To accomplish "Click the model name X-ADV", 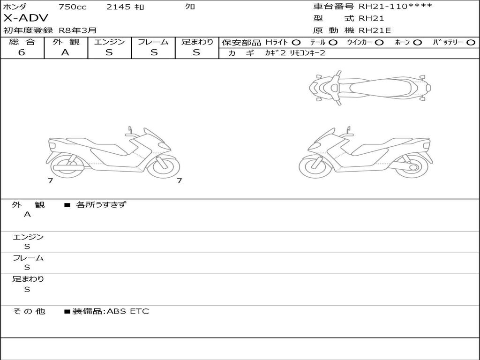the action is (x=26, y=18).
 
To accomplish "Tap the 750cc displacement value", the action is (x=72, y=7).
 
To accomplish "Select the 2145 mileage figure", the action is (x=118, y=7).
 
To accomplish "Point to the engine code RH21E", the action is (x=375, y=30).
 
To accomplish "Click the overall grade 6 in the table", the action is (x=22, y=52).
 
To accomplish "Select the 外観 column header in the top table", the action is (x=66, y=42).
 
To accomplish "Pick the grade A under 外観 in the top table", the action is (x=65, y=52).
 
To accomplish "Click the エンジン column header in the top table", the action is (x=109, y=42).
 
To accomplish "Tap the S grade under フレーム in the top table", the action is (x=154, y=52).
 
